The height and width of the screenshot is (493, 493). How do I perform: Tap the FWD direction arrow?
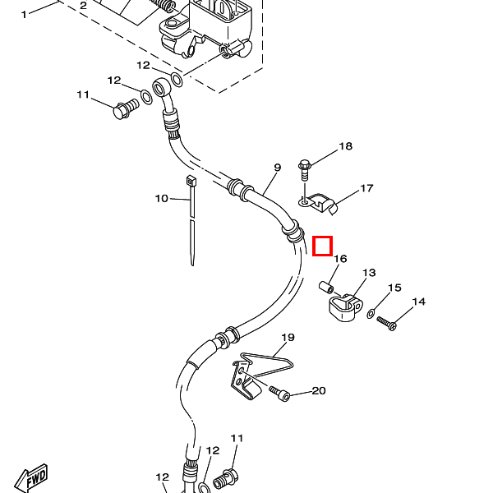(x=31, y=479)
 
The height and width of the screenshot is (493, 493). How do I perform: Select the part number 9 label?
(x=277, y=168)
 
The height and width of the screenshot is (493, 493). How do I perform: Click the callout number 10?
(x=162, y=198)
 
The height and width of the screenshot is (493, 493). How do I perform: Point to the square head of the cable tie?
(x=191, y=181)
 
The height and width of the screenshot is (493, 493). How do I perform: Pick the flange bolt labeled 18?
(x=304, y=170)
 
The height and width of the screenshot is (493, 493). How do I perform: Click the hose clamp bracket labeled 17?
(x=317, y=203)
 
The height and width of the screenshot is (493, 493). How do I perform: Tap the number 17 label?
(x=366, y=188)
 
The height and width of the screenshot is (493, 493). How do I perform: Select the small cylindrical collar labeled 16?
(x=326, y=288)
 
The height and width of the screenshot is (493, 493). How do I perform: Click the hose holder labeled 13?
(x=345, y=308)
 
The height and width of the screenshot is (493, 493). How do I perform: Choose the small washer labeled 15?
(x=371, y=314)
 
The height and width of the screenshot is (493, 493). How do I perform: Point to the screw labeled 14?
(x=387, y=324)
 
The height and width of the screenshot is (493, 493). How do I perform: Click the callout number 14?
(x=419, y=302)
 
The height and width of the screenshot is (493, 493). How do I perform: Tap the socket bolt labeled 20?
(x=280, y=394)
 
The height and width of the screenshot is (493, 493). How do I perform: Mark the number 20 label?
(x=319, y=391)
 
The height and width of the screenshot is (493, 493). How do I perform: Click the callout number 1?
(x=24, y=15)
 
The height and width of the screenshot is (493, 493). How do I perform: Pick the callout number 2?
(x=83, y=6)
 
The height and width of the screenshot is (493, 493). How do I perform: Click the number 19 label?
(x=288, y=338)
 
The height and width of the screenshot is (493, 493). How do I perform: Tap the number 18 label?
(x=346, y=146)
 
